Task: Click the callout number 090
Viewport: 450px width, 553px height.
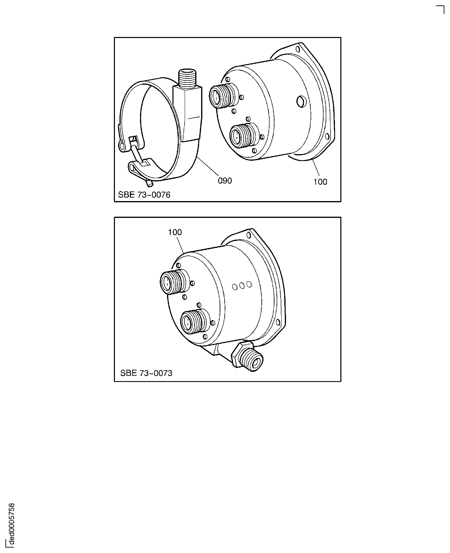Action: click(x=225, y=181)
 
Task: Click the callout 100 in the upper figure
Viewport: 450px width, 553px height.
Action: click(x=320, y=182)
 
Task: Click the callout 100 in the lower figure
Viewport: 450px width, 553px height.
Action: click(x=175, y=232)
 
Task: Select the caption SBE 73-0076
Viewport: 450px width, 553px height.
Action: click(x=144, y=195)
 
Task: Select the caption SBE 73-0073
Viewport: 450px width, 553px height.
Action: click(x=146, y=373)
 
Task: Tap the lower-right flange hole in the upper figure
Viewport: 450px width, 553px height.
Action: click(x=327, y=136)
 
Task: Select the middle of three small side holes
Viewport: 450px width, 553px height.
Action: click(x=242, y=286)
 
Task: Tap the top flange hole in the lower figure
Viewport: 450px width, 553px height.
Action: click(x=249, y=235)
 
